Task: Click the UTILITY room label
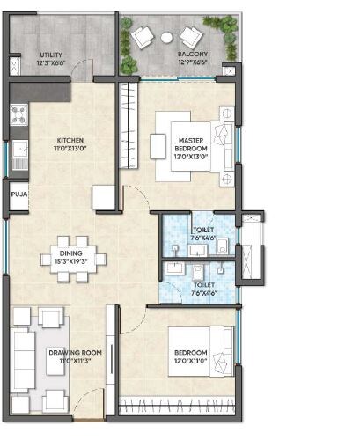(49, 55)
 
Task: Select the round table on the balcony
(166, 37)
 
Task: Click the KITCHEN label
(70, 140)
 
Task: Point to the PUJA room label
(18, 195)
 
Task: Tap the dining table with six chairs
(75, 259)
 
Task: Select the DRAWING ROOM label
(74, 353)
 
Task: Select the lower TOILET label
(203, 284)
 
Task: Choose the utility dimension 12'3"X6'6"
(49, 63)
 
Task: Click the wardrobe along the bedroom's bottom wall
(176, 406)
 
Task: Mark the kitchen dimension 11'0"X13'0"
(70, 149)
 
